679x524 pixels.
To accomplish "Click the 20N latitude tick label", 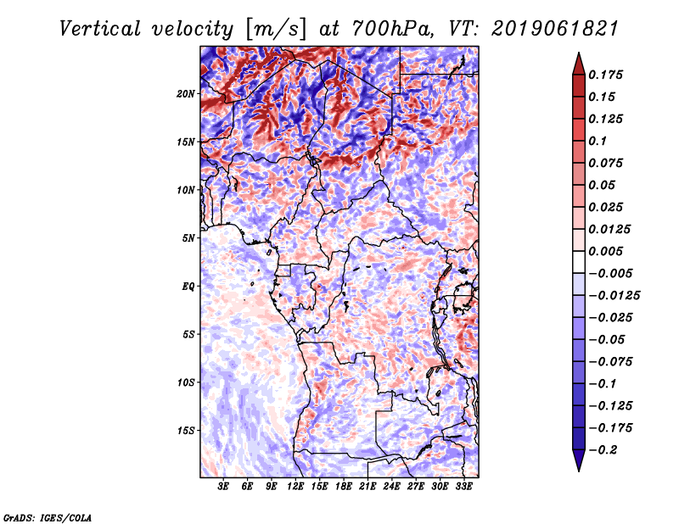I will point(186,93).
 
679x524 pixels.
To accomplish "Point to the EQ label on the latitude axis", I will point(188,287).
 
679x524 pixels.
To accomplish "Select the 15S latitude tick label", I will point(186,431).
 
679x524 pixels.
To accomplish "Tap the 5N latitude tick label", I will point(188,238).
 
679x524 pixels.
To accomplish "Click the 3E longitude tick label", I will point(224,488).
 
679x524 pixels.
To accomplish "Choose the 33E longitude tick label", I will point(464,488).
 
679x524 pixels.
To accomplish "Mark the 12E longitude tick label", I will point(296,488).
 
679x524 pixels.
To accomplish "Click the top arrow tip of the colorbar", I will point(578,54).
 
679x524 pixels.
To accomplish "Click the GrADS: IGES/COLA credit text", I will point(47,516).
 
